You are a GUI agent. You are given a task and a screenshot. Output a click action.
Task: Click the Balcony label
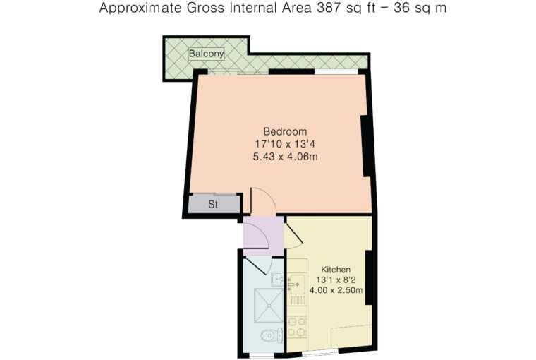(207, 54)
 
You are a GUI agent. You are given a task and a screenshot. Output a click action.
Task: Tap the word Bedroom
(285, 131)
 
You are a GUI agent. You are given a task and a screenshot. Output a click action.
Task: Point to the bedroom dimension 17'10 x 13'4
(285, 144)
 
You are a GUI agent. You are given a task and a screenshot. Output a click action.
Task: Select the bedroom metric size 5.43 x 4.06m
(285, 157)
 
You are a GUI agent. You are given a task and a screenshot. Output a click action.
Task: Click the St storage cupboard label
(213, 205)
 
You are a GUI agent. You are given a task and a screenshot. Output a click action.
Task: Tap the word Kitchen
(336, 270)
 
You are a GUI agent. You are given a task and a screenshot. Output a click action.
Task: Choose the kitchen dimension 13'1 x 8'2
(336, 280)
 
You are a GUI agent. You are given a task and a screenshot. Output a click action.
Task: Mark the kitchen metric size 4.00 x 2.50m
(336, 291)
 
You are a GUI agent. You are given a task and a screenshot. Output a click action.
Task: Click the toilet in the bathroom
(272, 335)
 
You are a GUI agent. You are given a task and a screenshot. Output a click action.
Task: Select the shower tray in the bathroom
(269, 306)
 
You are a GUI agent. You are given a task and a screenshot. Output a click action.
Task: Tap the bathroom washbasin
(277, 280)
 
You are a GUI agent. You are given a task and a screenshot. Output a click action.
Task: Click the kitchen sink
(297, 284)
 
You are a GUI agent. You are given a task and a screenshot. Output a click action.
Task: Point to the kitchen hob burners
(296, 327)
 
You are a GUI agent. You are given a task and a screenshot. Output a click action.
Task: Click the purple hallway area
(263, 236)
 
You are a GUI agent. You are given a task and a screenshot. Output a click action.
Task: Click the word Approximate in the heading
(140, 8)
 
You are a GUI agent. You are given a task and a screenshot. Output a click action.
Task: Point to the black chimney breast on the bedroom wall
(366, 146)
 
